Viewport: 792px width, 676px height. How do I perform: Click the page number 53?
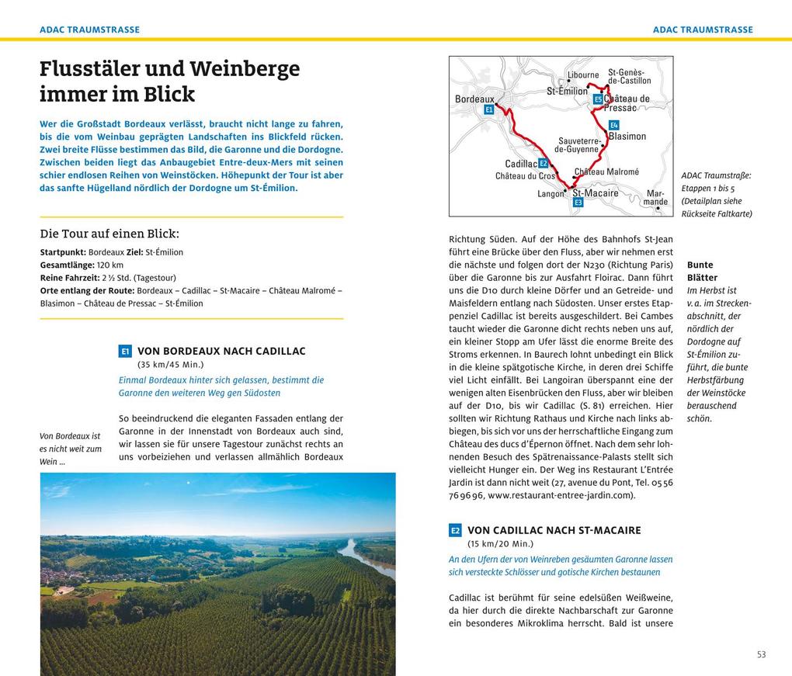pyautogui.click(x=761, y=654)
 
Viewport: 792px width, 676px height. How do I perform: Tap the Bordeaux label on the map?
pyautogui.click(x=474, y=99)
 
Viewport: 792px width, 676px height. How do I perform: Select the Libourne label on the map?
pyautogui.click(x=583, y=75)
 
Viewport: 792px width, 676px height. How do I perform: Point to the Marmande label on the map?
pyautogui.click(x=655, y=197)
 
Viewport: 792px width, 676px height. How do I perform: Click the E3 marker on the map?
pyautogui.click(x=578, y=202)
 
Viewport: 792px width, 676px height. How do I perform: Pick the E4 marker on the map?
pyautogui.click(x=613, y=125)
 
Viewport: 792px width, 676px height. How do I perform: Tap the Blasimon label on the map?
pyautogui.click(x=627, y=137)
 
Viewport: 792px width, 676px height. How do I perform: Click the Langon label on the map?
pyautogui.click(x=551, y=193)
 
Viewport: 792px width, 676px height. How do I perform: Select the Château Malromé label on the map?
pyautogui.click(x=606, y=172)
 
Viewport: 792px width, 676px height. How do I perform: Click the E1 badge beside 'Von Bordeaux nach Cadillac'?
pyautogui.click(x=125, y=352)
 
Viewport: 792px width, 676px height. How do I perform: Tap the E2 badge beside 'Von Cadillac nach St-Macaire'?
pyautogui.click(x=455, y=531)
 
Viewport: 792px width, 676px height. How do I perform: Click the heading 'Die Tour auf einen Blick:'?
pyautogui.click(x=109, y=234)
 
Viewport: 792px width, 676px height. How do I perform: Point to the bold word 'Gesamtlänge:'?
pyautogui.click(x=67, y=265)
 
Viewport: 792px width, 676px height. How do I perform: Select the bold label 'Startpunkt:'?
pyautogui.click(x=63, y=252)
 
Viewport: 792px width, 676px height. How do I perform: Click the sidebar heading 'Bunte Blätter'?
pyautogui.click(x=702, y=271)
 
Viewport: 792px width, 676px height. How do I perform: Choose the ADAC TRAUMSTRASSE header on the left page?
pyautogui.click(x=90, y=29)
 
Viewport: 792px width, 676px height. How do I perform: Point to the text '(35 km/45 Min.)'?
pyautogui.click(x=170, y=364)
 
